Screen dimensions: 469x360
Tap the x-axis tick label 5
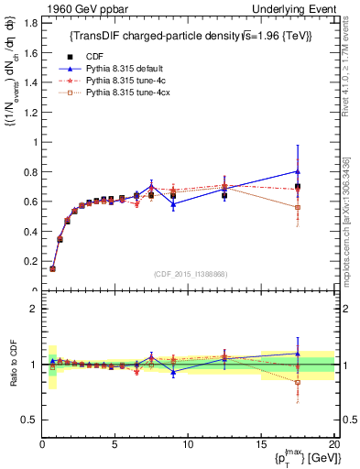115,445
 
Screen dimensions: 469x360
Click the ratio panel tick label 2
34,309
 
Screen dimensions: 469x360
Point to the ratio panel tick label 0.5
29,420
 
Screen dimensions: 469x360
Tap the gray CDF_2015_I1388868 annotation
190,273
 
